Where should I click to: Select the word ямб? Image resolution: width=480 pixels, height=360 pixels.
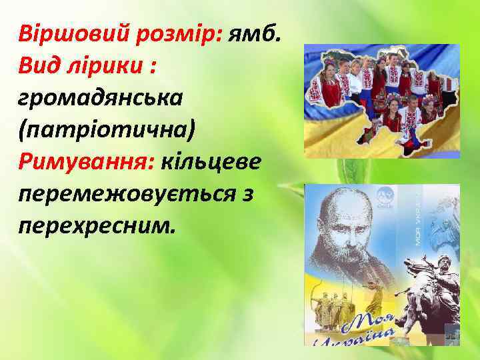[257, 33]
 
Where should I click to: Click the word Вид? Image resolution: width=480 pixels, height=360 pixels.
[41, 65]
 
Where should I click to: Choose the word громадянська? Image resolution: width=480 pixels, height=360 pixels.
[100, 97]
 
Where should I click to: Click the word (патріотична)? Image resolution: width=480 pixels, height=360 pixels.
[107, 129]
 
